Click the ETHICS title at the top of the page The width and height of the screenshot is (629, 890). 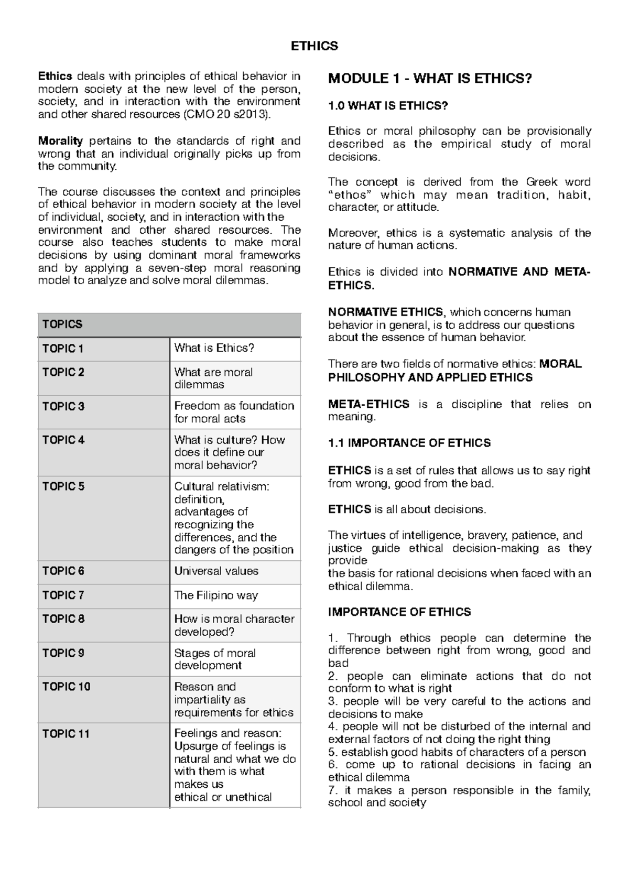pos(314,46)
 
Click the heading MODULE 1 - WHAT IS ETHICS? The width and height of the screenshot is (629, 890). pos(430,79)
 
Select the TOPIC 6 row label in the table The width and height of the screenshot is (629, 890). pos(63,571)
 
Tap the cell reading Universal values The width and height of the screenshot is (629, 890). pos(216,571)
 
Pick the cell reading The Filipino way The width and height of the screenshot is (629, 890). pos(216,595)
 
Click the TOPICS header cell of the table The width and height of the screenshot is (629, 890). pos(62,324)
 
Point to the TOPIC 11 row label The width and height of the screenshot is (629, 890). pos(66,734)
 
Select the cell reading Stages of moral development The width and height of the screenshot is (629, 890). pos(215,659)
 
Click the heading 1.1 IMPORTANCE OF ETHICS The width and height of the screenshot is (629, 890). pos(409,443)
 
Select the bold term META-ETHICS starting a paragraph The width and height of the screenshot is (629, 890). pos(368,404)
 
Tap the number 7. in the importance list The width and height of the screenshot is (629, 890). pos(333,790)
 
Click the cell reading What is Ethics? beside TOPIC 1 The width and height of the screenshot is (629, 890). pos(214,348)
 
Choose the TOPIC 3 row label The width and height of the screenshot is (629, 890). pos(63,406)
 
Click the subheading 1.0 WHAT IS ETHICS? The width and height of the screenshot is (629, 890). pos(388,106)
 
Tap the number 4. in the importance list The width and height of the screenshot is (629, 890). pos(333,726)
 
